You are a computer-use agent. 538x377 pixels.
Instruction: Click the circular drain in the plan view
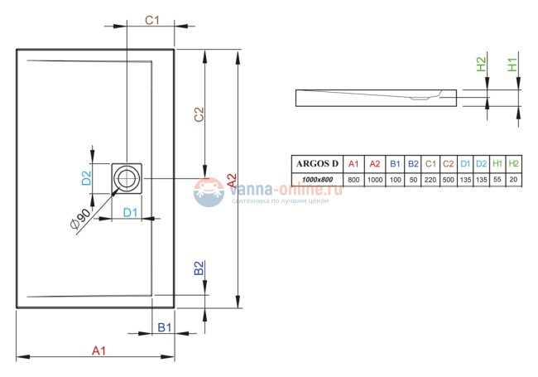click(127, 176)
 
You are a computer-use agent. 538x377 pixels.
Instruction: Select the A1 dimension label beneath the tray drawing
click(98, 350)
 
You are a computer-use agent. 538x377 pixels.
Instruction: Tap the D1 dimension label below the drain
click(131, 213)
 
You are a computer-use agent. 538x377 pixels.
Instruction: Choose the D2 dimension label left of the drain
click(85, 176)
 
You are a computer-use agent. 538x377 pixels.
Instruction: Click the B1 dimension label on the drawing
click(164, 327)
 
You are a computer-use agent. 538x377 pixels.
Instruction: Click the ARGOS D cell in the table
click(317, 163)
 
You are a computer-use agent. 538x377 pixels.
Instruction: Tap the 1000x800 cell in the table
click(317, 179)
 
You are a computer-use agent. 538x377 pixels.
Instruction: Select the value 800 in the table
click(353, 179)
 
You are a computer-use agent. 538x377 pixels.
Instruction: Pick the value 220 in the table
click(430, 179)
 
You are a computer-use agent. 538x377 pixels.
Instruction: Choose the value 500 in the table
click(448, 179)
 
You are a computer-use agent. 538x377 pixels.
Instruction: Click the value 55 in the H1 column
click(497, 179)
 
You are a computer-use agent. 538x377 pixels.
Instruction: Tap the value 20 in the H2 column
click(514, 179)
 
